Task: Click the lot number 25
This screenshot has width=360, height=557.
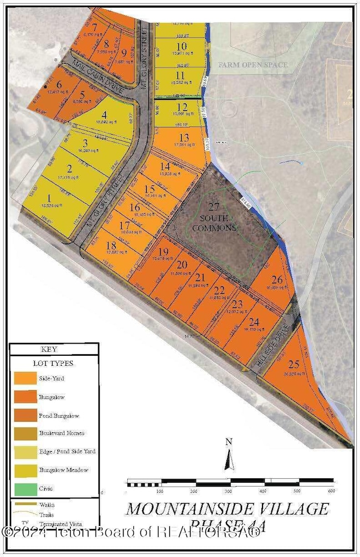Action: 293,365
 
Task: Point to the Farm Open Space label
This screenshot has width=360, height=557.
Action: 253,65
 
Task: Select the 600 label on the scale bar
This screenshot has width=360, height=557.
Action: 332,491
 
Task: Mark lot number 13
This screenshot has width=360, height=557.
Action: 184,138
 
